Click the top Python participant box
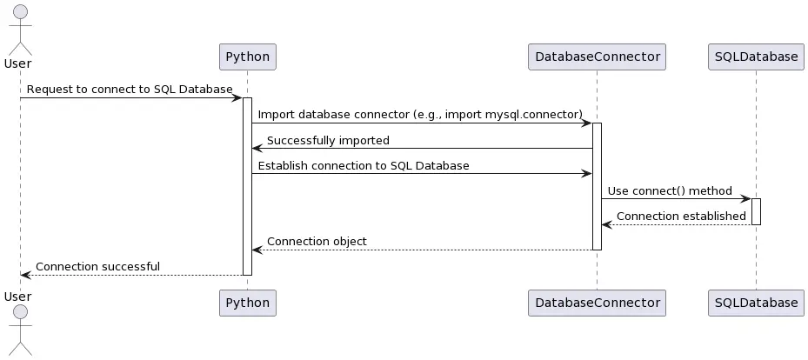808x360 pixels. [x=247, y=57]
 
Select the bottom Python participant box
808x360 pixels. [x=247, y=303]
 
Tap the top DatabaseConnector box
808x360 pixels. [x=597, y=57]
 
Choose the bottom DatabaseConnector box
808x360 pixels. [x=597, y=303]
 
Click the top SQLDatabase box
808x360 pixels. [x=756, y=57]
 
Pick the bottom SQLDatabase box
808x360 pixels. [x=756, y=303]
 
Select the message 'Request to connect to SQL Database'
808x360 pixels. [x=130, y=90]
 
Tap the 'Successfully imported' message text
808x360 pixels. [x=328, y=140]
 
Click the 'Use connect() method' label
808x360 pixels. [x=670, y=190]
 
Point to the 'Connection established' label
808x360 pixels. [x=681, y=216]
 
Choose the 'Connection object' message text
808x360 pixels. [x=317, y=241]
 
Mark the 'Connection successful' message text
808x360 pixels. [x=97, y=266]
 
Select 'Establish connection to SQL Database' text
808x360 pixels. [x=364, y=165]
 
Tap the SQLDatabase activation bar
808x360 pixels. [x=756, y=211]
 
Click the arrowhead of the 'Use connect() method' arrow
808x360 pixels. [x=745, y=199]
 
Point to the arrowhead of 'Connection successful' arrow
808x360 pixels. [x=25, y=275]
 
